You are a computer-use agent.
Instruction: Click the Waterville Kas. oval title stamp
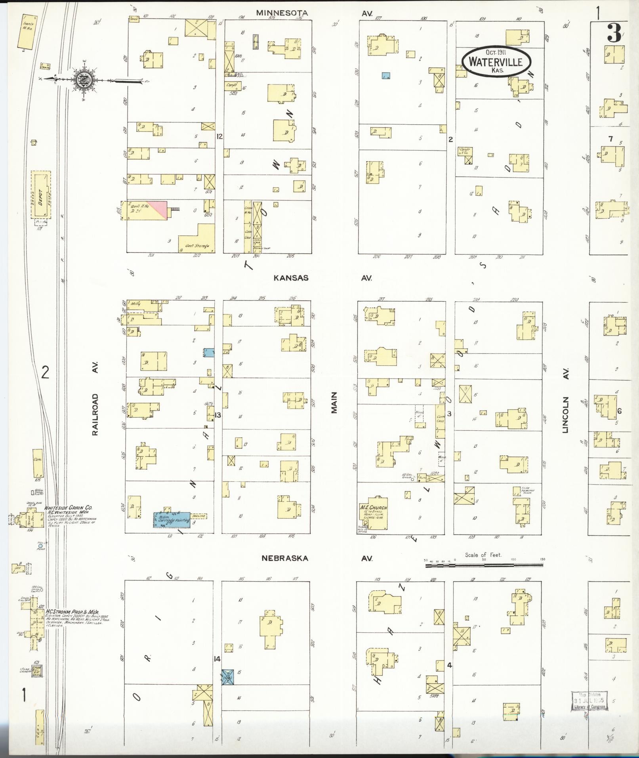497,61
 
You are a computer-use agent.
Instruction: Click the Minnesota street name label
282,13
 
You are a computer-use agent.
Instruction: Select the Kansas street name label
291,278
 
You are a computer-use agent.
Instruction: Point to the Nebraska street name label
284,558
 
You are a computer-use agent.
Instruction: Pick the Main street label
334,403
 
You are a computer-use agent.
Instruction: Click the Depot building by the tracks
41,195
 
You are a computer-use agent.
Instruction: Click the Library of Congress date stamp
589,701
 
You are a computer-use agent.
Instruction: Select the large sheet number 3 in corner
614,34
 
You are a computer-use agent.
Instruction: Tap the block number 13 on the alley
217,415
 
